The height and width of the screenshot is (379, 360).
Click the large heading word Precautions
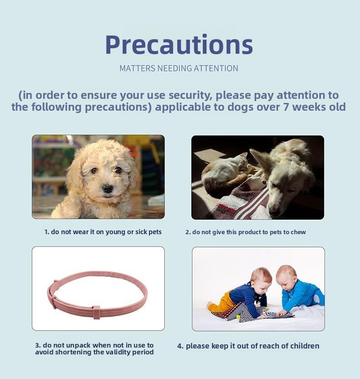tap(179, 45)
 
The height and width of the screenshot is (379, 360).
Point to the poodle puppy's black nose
tap(108, 188)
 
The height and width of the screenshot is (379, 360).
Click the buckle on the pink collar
tap(97, 312)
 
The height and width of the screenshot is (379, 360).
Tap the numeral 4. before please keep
tap(180, 346)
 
